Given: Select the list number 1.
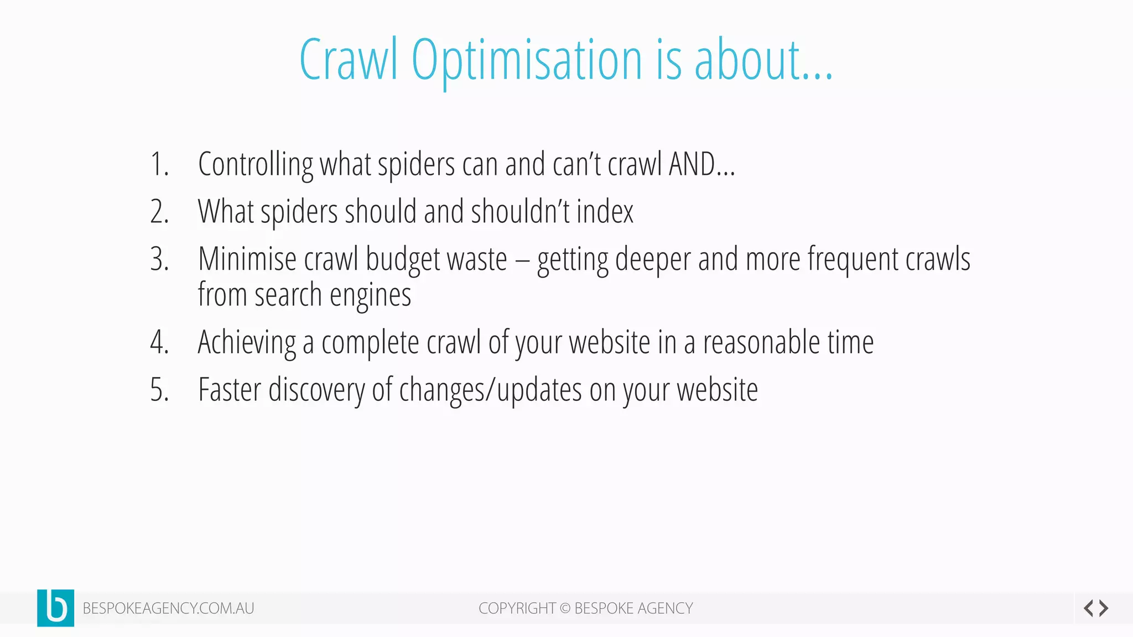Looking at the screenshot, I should (x=159, y=165).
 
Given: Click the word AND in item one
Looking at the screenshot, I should (x=692, y=165).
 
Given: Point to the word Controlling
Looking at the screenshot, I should (x=256, y=165).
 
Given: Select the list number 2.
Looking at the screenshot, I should (x=159, y=212).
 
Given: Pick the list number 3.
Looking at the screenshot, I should (x=159, y=259).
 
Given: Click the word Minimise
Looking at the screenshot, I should (x=247, y=259).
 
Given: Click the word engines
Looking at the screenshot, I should (x=370, y=295).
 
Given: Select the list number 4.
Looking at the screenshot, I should (x=159, y=343).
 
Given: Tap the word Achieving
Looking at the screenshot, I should (x=247, y=343).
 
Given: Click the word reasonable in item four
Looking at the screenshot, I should (x=761, y=343).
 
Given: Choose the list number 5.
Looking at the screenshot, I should (x=159, y=390).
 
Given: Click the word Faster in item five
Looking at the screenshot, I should (x=230, y=390).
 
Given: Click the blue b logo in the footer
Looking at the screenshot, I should (x=55, y=608).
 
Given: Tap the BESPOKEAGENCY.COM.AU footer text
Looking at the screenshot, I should (x=168, y=608).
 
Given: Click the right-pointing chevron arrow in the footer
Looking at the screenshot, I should (x=1104, y=608).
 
